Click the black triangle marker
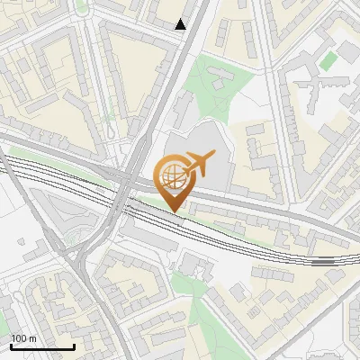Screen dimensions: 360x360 (x=181, y=24)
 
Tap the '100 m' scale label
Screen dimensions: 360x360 (x=23, y=338)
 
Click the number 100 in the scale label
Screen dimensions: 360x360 (x=19, y=338)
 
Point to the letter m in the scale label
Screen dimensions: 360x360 (x=33, y=338)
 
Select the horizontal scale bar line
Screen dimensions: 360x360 (x=42, y=346)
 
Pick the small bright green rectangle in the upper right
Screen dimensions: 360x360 (x=330, y=60)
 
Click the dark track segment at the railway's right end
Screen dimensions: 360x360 (x=324, y=262)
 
